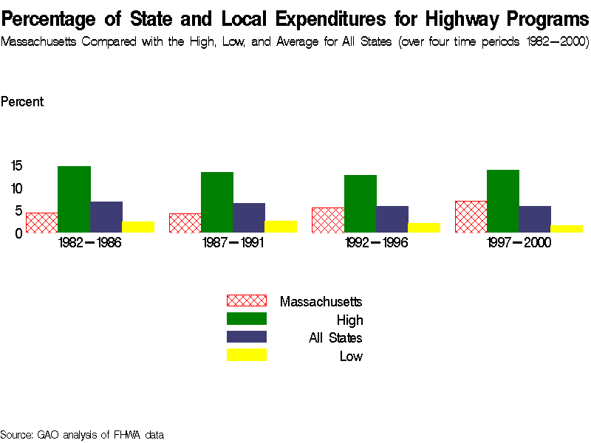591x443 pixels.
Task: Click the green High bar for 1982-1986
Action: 74,199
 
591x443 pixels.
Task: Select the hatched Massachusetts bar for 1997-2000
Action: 471,217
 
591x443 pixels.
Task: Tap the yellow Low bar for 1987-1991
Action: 281,227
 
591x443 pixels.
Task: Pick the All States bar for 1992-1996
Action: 392,219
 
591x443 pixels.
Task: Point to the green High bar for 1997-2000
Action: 503,201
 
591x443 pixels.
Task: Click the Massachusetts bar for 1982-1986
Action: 41,223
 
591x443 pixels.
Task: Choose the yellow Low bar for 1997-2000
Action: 567,229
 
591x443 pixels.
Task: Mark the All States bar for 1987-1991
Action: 249,218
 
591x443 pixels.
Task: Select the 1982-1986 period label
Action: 89,243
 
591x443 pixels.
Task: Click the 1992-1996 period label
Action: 376,243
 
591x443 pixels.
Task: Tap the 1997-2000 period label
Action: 519,243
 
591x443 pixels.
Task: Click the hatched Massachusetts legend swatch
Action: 246,301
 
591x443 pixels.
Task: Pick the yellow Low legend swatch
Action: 246,355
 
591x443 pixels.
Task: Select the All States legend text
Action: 335,338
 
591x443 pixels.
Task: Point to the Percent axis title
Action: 22,102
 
